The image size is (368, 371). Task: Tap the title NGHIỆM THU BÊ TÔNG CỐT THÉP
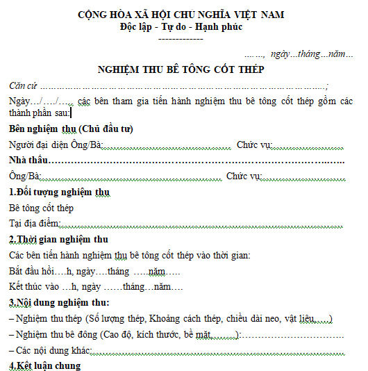[x=181, y=69]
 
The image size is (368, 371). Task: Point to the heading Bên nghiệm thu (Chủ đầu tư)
[x=71, y=129]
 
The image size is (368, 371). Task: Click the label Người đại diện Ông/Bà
[x=56, y=145]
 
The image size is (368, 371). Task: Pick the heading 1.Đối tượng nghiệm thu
[x=58, y=192]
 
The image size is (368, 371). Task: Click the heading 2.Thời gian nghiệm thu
[x=58, y=240]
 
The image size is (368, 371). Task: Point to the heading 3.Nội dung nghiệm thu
[x=59, y=303]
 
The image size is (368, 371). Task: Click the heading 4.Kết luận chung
[x=44, y=365]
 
